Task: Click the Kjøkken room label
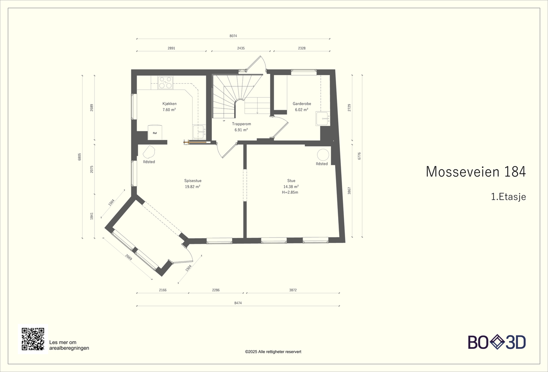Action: [x=169, y=104]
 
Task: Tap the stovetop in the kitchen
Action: [x=166, y=83]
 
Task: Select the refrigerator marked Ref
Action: [x=155, y=132]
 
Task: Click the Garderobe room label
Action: [x=302, y=104]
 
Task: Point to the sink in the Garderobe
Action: [x=323, y=119]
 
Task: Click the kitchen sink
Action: [x=200, y=132]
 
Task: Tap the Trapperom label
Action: [x=241, y=124]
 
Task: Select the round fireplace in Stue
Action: [x=323, y=155]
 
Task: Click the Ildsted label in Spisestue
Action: [x=149, y=162]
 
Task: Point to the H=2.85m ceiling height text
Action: [x=290, y=192]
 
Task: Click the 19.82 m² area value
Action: [x=193, y=186]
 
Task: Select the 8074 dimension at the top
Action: [x=233, y=36]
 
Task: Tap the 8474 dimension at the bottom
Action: [x=238, y=303]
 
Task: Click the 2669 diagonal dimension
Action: [x=129, y=257]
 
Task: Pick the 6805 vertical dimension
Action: [x=79, y=157]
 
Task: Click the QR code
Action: [x=33, y=339]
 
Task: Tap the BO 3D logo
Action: [x=497, y=342]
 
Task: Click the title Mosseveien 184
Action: [x=476, y=172]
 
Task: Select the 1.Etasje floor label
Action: [x=508, y=197]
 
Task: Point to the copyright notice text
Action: [x=273, y=352]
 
